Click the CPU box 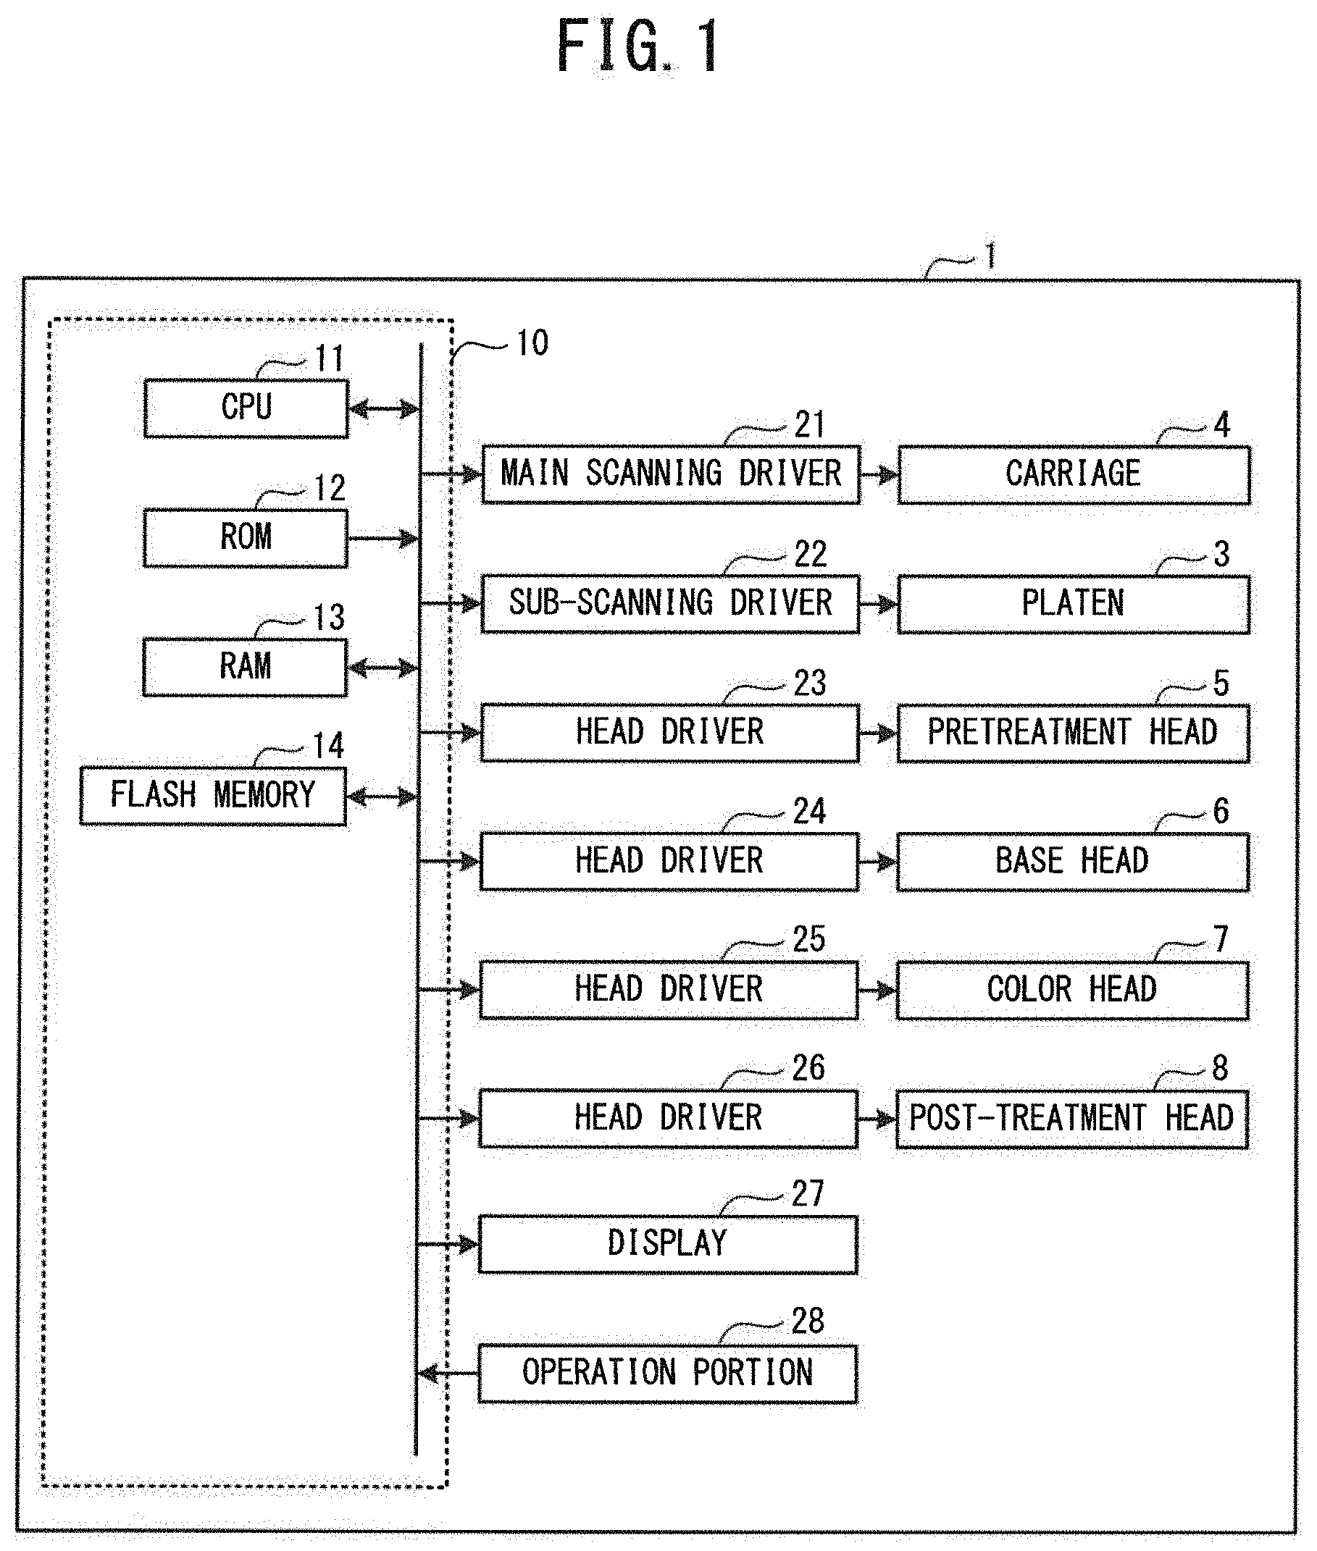(x=246, y=408)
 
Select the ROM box (x=246, y=538)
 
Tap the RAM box (x=245, y=668)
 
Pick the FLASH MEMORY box (x=213, y=796)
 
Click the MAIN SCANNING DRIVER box (x=670, y=474)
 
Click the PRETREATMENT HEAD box (x=1072, y=733)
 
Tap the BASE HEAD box (x=1072, y=862)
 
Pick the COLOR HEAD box (x=1071, y=991)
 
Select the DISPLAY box (x=667, y=1244)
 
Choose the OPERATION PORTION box (x=667, y=1374)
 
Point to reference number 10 (x=532, y=343)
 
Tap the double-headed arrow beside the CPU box (x=385, y=409)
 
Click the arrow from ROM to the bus (x=384, y=538)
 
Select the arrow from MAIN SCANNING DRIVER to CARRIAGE (x=879, y=474)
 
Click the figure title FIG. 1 (x=638, y=46)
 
